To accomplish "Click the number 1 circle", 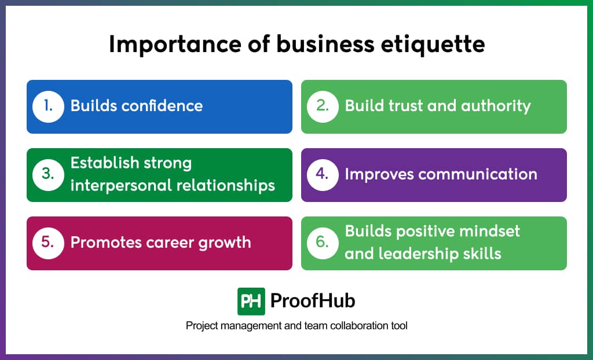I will (x=47, y=106).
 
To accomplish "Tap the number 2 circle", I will (x=322, y=106).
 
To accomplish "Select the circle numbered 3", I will (x=47, y=175).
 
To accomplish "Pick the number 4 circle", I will (x=322, y=175).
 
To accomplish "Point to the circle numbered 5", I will (x=47, y=243).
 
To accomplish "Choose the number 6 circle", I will (x=322, y=243).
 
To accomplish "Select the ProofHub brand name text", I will (x=313, y=301).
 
